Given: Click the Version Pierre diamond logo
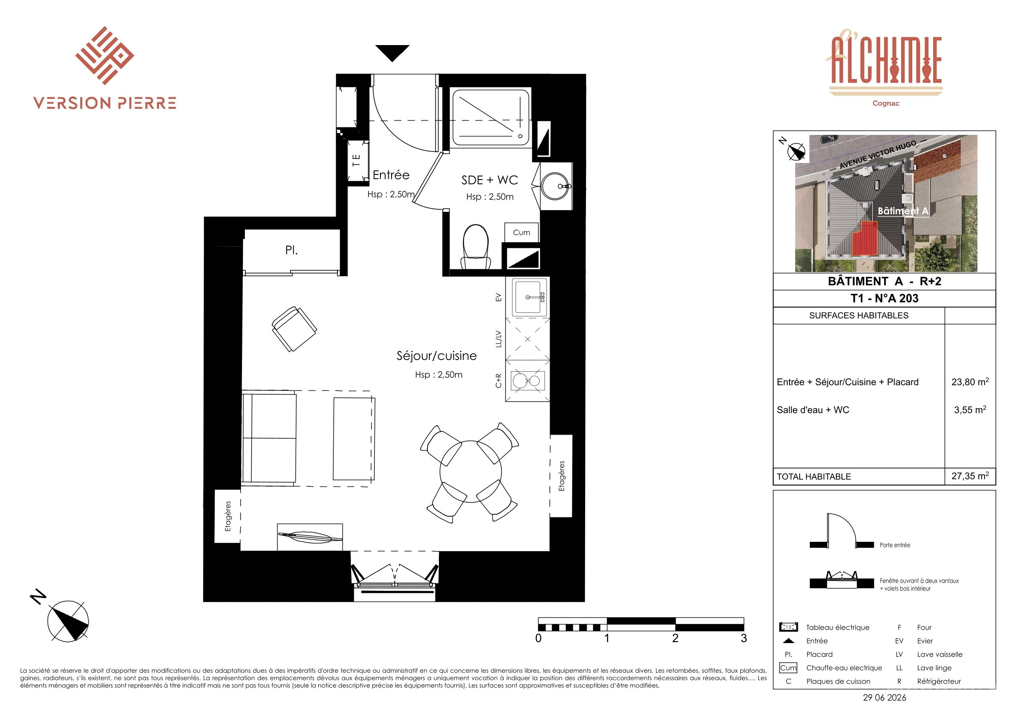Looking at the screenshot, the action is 104,55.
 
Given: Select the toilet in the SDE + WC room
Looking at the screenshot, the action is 476,246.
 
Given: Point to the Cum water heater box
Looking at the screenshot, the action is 521,233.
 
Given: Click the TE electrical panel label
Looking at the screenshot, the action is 356,160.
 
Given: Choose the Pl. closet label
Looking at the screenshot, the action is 291,250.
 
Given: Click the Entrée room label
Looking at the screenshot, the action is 391,175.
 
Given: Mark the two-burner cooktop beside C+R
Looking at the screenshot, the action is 527,380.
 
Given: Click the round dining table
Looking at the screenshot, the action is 471,472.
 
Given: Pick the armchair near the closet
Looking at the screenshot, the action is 294,329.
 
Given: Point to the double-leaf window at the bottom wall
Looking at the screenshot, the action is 395,576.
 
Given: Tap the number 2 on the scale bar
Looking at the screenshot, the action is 675,638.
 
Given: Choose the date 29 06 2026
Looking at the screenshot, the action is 885,698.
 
